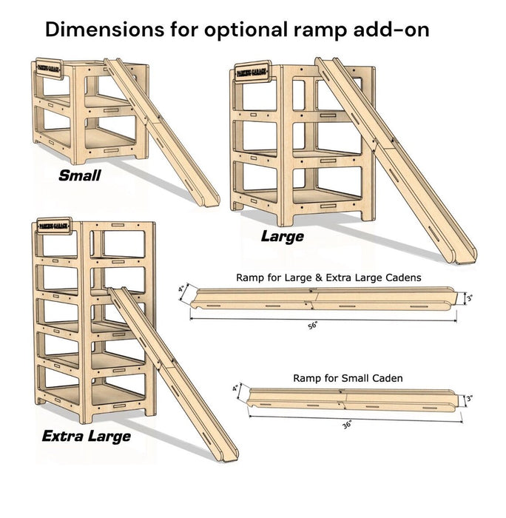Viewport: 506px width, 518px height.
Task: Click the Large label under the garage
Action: pos(282,237)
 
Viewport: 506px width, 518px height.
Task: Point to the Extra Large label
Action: pos(86,436)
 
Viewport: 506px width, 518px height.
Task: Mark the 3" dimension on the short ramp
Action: pos(468,399)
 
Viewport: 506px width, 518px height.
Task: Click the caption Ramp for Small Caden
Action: pos(347,378)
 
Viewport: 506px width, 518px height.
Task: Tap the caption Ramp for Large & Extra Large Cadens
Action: pos(328,277)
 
